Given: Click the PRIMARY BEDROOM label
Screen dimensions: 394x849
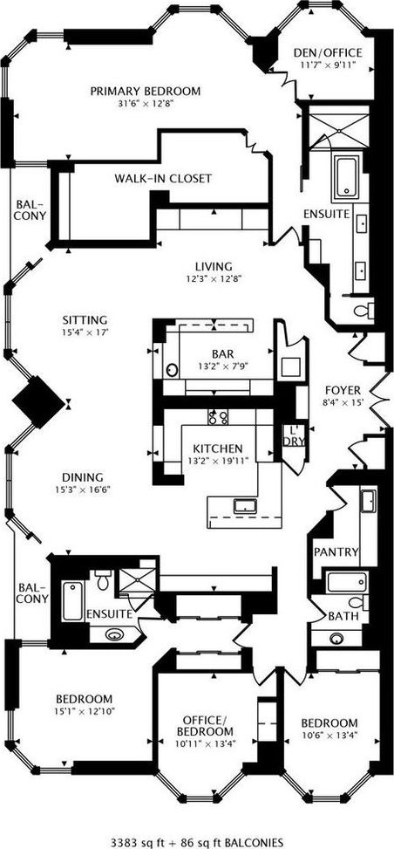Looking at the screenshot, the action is (x=145, y=91).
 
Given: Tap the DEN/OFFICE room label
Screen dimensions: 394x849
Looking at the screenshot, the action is (x=328, y=53).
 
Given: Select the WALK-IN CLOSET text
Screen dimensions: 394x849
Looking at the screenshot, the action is (x=162, y=178).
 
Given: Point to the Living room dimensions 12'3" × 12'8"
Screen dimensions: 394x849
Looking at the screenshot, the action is (x=214, y=279).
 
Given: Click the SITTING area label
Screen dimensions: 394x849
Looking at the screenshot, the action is (x=84, y=319).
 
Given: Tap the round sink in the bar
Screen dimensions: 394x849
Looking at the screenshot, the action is (x=172, y=370).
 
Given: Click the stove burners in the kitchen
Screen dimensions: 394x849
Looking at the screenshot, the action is (x=218, y=416).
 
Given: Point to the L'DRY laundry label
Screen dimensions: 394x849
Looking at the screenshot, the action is (x=295, y=436).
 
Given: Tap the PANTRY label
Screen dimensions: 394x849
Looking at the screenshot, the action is (x=336, y=552).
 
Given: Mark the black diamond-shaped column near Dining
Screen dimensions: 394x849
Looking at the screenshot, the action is (x=38, y=401).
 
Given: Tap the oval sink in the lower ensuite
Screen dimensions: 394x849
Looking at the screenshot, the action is (x=114, y=634).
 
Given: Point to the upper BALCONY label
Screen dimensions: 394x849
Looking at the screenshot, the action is (x=31, y=210).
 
